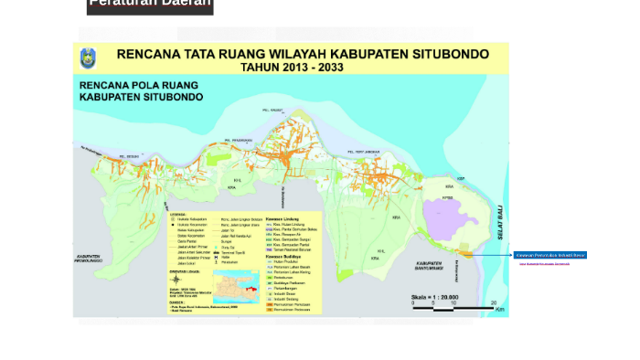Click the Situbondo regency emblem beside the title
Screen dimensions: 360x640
89,58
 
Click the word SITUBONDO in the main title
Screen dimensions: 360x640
445,54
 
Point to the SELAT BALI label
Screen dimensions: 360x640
501,222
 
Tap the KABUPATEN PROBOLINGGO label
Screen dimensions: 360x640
89,259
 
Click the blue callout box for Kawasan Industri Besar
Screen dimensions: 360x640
549,255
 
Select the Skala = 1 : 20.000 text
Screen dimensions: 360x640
434,297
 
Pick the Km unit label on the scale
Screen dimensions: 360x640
499,310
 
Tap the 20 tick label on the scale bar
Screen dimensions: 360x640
494,302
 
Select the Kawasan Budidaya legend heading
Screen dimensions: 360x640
283,257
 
